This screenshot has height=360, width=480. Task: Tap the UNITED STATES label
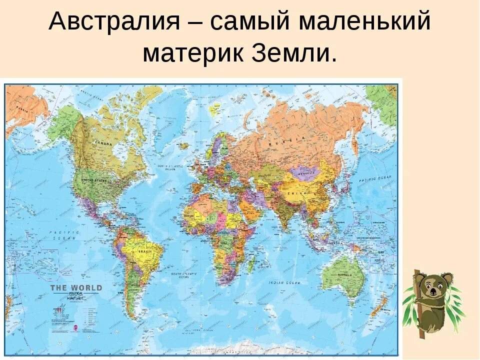click(94, 180)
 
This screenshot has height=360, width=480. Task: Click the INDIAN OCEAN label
click(284, 283)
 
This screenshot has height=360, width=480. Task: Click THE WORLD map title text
click(76, 288)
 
